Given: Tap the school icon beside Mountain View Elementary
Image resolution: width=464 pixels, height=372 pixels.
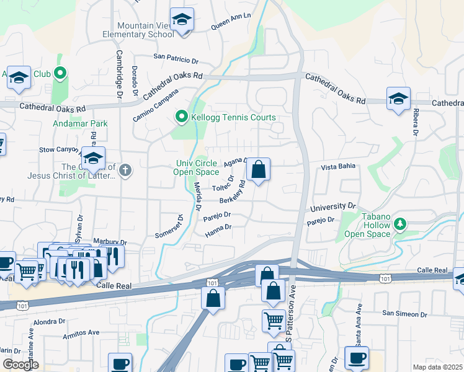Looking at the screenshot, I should click(x=182, y=20).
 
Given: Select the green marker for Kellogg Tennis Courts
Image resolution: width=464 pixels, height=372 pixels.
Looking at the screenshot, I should click(x=182, y=117).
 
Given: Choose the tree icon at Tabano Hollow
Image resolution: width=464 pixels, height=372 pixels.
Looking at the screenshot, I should click(x=401, y=223).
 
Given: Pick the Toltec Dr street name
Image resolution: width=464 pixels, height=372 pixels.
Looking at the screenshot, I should click(x=223, y=184).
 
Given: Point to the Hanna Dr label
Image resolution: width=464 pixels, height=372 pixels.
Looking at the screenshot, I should click(x=218, y=231).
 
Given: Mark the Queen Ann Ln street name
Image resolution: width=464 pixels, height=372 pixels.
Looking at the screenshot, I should click(x=231, y=23).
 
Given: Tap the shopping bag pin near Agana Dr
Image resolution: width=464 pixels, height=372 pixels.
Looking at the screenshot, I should click(x=258, y=169).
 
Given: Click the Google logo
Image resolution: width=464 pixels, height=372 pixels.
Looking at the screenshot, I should click(x=20, y=365).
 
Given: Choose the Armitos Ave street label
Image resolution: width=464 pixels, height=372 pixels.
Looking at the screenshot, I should click(x=81, y=335).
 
